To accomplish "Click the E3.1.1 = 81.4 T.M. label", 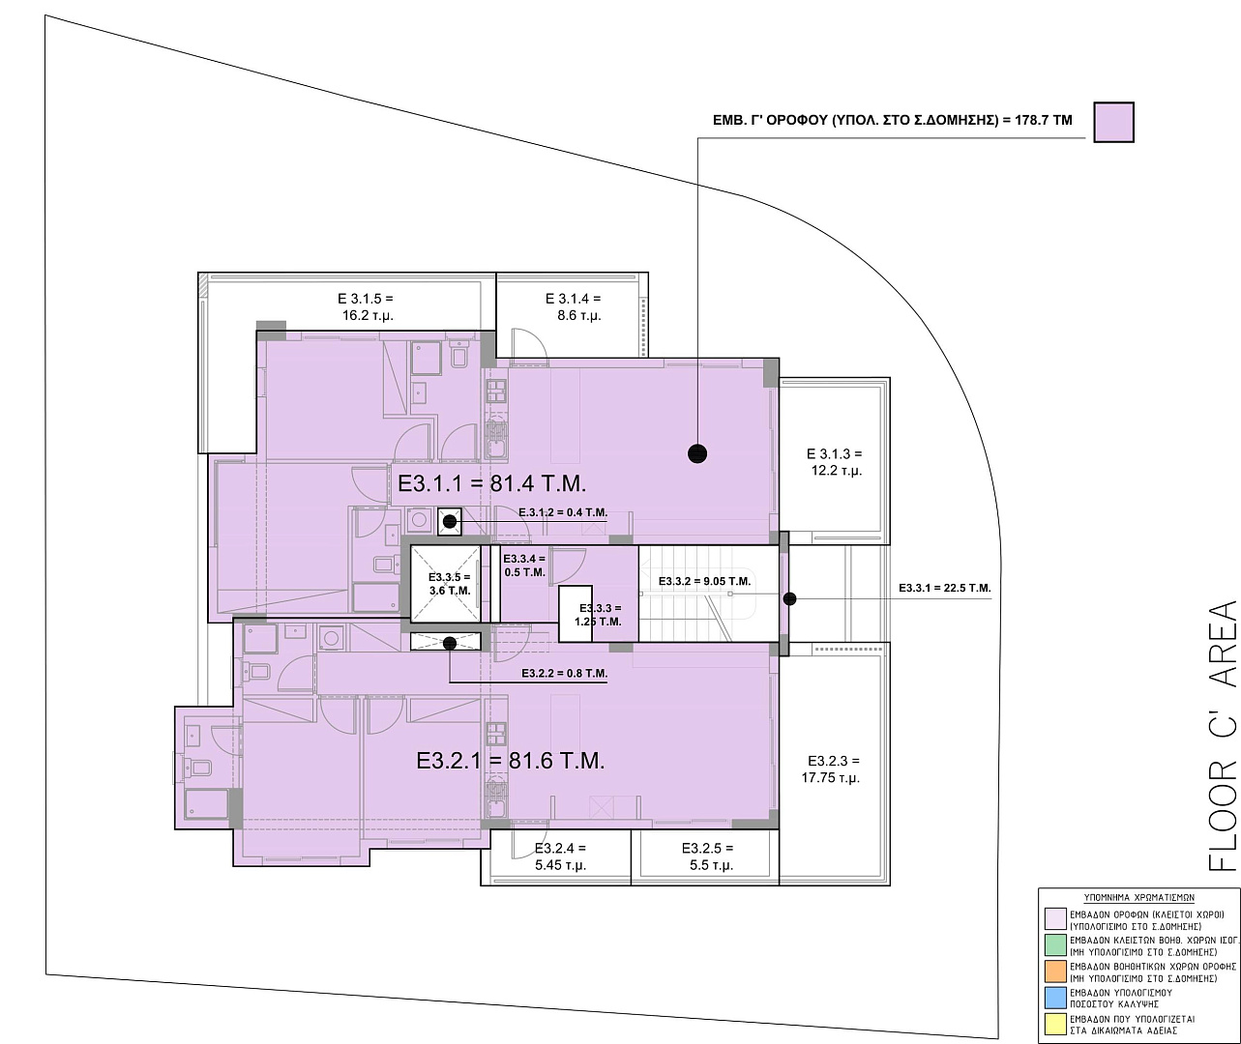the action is pyautogui.click(x=491, y=483).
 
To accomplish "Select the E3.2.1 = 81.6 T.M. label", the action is pyautogui.click(x=511, y=761).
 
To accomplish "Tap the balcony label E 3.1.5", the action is pyautogui.click(x=367, y=306).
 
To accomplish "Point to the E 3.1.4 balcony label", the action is pyautogui.click(x=574, y=306).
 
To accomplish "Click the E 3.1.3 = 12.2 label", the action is pyautogui.click(x=835, y=462).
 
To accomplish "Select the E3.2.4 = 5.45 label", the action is pyautogui.click(x=560, y=856).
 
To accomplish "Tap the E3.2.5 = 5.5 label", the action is pyautogui.click(x=708, y=856).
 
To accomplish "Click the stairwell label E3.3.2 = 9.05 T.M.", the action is pyautogui.click(x=704, y=581).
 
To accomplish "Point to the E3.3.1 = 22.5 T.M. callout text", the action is pyautogui.click(x=944, y=589).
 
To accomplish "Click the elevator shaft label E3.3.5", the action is pyautogui.click(x=450, y=584).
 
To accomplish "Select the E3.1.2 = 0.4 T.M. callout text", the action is pyautogui.click(x=563, y=512).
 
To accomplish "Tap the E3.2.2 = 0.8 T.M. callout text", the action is pyautogui.click(x=565, y=673).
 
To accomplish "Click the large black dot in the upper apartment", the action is pyautogui.click(x=697, y=454).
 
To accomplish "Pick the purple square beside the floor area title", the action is pyautogui.click(x=1114, y=122).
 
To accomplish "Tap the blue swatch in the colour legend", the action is pyautogui.click(x=1055, y=999).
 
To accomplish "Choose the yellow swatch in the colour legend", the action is pyautogui.click(x=1055, y=1025).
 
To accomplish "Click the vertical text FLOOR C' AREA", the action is pyautogui.click(x=1224, y=736).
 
